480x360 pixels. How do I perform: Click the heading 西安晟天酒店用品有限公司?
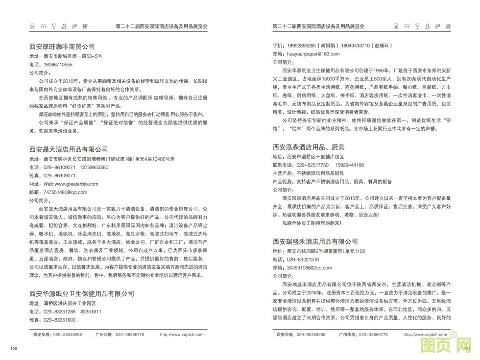coord(69,149)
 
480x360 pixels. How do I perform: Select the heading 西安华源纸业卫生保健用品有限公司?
coord(82,294)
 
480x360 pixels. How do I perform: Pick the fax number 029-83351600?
coord(59,320)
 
